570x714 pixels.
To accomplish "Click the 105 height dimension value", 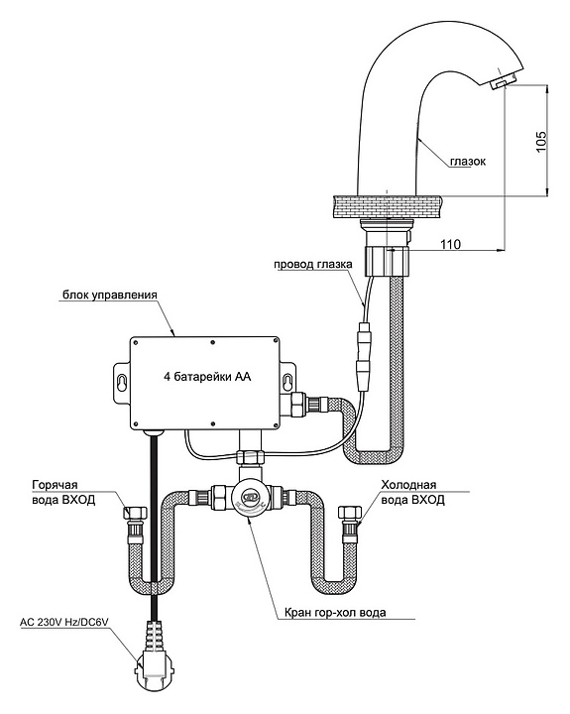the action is (x=541, y=142).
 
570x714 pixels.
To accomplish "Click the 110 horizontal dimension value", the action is (x=450, y=244).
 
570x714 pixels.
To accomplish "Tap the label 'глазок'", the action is (x=468, y=162).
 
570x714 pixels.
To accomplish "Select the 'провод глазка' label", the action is (x=313, y=264).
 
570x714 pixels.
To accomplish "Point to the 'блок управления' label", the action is (x=110, y=296).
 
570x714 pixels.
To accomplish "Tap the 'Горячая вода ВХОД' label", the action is (x=63, y=492).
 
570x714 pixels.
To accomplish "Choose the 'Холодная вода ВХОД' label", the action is (x=412, y=492).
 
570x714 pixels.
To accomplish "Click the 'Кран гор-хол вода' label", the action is (x=335, y=612).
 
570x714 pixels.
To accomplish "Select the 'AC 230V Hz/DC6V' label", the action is (x=66, y=622).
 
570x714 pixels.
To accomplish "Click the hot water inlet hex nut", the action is (x=135, y=513).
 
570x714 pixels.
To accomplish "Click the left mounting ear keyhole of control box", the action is (x=121, y=381).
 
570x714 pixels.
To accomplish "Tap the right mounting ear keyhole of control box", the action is (x=286, y=381).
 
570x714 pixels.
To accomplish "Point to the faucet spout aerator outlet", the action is (x=498, y=83).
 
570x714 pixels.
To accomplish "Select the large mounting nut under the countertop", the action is (x=388, y=262).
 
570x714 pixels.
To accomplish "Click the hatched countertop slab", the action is (x=389, y=206).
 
